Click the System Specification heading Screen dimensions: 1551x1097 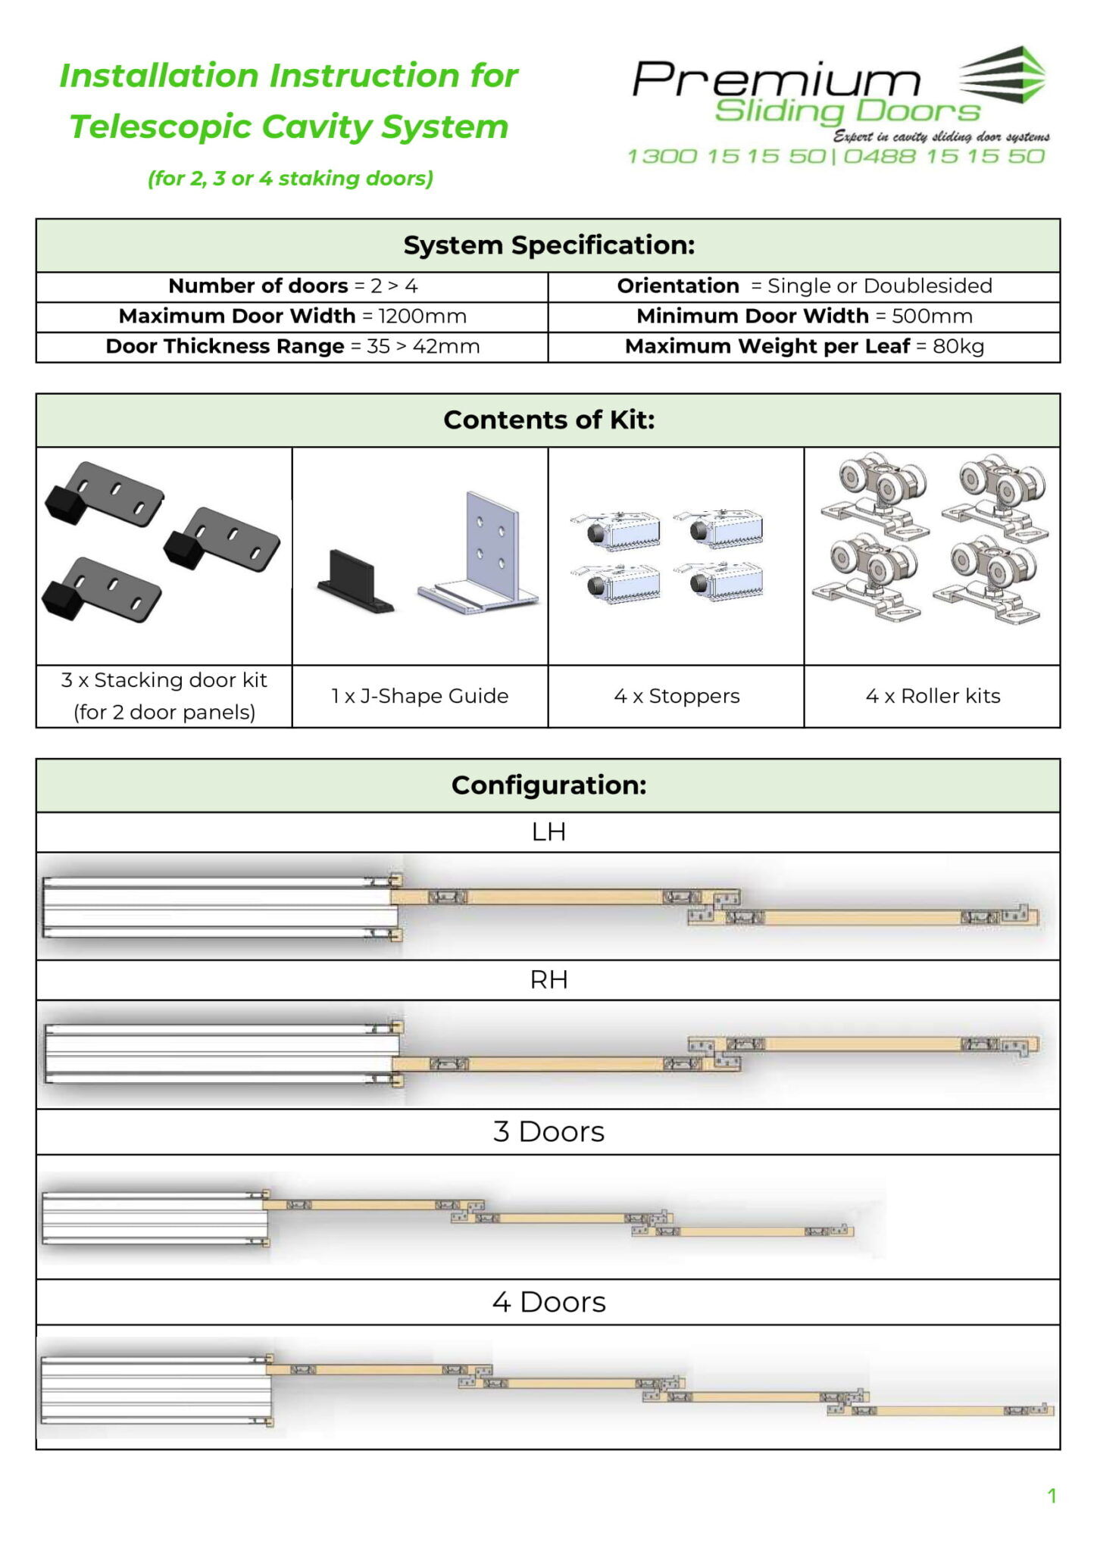[548, 245]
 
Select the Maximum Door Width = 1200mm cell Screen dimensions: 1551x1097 [292, 316]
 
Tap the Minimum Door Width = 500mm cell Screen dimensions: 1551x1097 [804, 316]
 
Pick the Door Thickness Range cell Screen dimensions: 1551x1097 [292, 346]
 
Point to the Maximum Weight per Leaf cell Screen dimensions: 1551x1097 [804, 346]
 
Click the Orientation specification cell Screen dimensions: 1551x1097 [804, 286]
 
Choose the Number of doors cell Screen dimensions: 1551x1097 [292, 286]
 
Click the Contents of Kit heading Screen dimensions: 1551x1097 [548, 420]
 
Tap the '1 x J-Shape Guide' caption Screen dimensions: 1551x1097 [420, 696]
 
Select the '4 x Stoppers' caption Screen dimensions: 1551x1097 [677, 696]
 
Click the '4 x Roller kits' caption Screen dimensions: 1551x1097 [933, 696]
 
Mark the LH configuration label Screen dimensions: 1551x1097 [548, 832]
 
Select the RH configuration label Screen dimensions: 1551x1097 [548, 980]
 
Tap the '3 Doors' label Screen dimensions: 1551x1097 [548, 1131]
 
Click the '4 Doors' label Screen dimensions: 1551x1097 [548, 1302]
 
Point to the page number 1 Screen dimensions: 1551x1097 [1052, 1496]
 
